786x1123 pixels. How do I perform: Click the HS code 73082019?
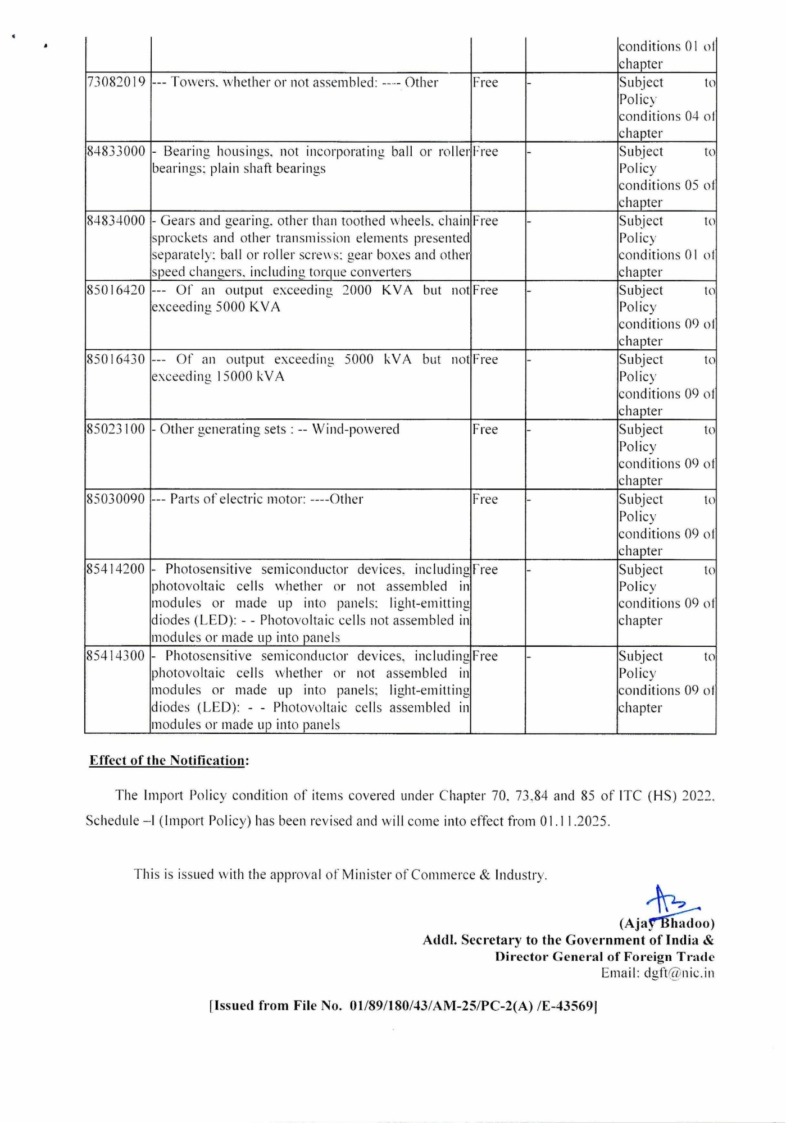point(116,83)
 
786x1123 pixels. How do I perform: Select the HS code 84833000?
point(116,152)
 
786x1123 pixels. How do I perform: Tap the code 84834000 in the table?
point(116,221)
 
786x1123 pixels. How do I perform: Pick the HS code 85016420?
point(116,290)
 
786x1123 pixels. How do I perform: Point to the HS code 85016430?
point(116,359)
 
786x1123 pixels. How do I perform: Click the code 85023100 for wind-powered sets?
point(116,430)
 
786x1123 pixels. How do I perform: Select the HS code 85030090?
point(116,499)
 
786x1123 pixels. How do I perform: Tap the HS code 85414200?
point(116,569)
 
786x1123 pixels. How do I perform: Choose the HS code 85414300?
point(116,656)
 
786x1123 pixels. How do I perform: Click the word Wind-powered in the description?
point(356,430)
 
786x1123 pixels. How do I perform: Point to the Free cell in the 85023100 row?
point(485,430)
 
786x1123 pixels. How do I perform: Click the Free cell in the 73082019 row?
point(485,83)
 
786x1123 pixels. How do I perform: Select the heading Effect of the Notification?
point(169,761)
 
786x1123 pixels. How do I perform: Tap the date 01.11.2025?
point(574,821)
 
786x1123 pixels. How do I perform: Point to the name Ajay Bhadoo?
point(666,924)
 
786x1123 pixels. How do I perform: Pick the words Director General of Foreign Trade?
point(605,957)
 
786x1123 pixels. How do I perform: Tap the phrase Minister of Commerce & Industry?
point(444,875)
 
